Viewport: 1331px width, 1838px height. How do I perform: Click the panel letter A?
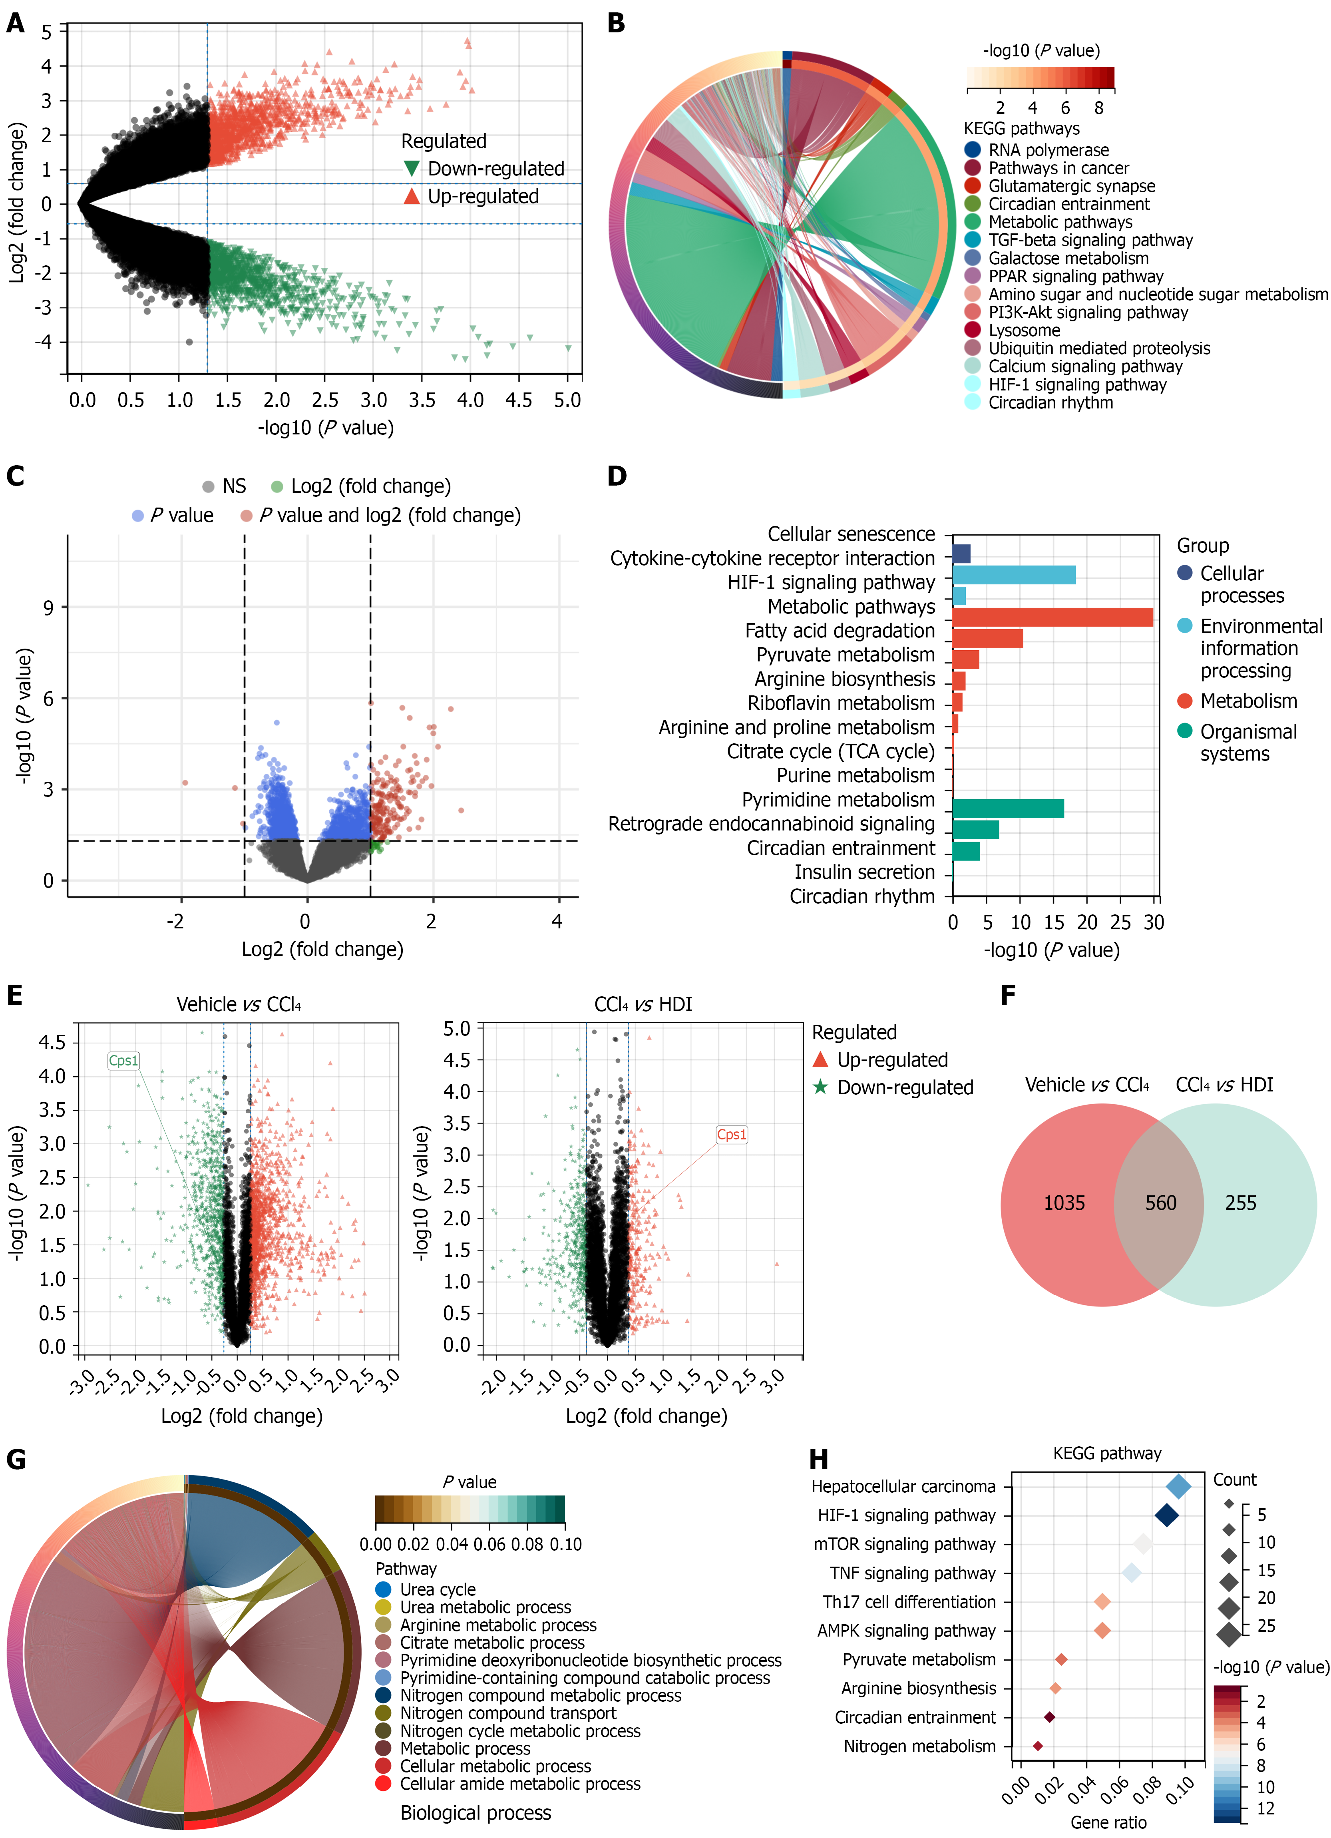[16, 24]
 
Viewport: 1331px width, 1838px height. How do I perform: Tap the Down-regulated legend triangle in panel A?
[412, 169]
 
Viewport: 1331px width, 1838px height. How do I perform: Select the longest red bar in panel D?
[1052, 617]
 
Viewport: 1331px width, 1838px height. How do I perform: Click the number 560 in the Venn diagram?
[1160, 1203]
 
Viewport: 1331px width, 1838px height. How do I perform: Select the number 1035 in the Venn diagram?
[1064, 1203]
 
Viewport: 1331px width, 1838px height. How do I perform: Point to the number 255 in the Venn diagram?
[1240, 1203]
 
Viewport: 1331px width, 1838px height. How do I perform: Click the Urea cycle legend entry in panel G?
[438, 1589]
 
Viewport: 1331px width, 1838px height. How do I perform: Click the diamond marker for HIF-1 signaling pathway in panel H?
[1166, 1515]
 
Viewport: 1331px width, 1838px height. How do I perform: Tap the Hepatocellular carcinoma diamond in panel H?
[1179, 1486]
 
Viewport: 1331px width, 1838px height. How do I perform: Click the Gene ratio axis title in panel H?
[1108, 1822]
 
